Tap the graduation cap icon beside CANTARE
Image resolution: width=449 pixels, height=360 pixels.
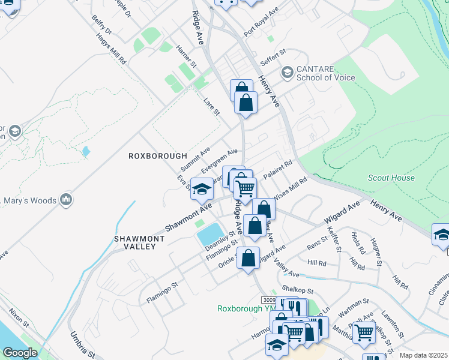click(x=287, y=73)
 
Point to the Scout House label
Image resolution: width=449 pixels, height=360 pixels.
click(x=391, y=178)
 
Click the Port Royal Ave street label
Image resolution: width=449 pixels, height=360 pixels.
click(x=261, y=22)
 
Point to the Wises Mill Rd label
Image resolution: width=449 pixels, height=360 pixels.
click(x=289, y=191)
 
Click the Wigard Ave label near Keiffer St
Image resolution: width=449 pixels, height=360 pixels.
click(x=342, y=212)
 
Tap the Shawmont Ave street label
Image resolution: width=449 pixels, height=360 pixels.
click(x=189, y=218)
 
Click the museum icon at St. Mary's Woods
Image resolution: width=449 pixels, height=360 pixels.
click(x=66, y=199)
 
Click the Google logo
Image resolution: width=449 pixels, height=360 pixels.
click(x=20, y=353)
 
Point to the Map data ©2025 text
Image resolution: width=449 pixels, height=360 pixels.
click(x=423, y=355)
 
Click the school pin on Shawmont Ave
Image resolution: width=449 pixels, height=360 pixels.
click(x=202, y=188)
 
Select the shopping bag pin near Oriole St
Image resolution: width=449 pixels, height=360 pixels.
click(x=248, y=258)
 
